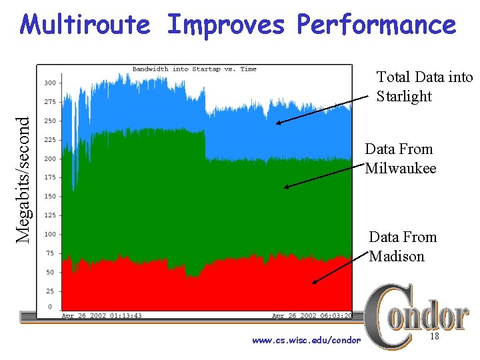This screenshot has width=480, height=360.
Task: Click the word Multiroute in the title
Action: (85, 25)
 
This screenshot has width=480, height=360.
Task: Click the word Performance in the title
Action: (377, 25)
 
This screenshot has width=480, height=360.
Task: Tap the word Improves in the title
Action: (227, 25)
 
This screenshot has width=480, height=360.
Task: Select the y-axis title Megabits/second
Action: (24, 179)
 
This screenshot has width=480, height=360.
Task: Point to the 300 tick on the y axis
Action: (50, 83)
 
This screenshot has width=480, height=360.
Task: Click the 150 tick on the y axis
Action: (50, 197)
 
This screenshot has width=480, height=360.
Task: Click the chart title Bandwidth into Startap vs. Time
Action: (194, 69)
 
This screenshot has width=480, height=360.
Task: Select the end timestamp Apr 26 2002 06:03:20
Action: (312, 315)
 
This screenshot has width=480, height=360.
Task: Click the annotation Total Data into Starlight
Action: (424, 87)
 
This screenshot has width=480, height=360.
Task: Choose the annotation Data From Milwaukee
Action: (400, 159)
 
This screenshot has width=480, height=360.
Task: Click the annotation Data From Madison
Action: (403, 247)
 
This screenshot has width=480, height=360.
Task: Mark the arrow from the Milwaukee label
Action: (325, 177)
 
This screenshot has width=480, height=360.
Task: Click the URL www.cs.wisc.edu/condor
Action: (307, 341)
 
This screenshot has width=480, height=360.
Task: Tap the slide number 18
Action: (435, 338)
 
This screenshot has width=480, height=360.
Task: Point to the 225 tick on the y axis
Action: (50, 140)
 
